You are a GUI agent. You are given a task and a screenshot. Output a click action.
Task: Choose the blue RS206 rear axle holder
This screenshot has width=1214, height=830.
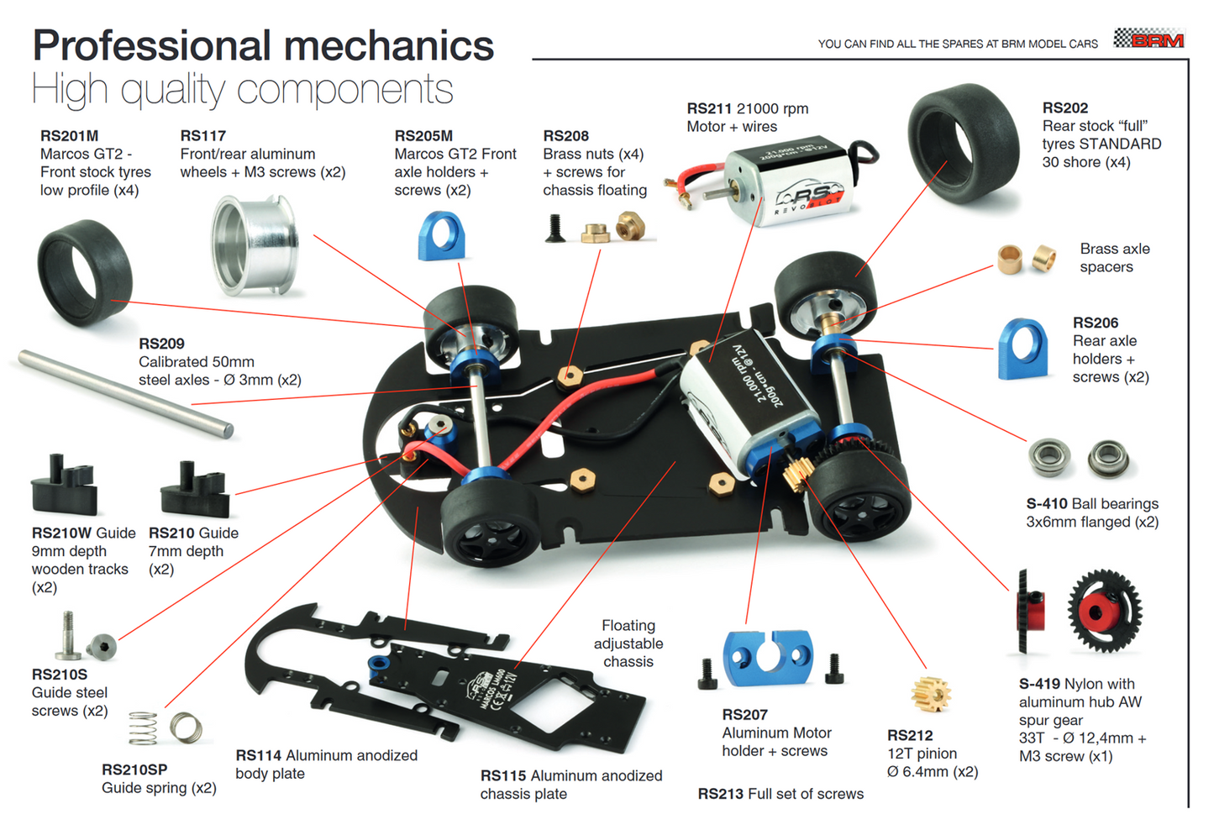(x=1022, y=349)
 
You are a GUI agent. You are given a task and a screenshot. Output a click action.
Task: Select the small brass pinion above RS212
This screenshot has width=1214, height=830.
(x=930, y=694)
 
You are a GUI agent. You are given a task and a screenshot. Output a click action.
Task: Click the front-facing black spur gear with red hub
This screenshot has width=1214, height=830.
(x=1105, y=611)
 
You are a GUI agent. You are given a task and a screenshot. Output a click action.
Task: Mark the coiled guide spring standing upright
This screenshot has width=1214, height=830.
(x=143, y=728)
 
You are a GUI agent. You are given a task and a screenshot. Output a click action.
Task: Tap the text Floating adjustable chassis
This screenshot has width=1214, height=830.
(x=628, y=644)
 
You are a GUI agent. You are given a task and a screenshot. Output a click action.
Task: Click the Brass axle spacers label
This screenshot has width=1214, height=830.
(x=1114, y=258)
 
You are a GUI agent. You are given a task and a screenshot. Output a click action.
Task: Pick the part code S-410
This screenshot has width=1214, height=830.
(x=1046, y=503)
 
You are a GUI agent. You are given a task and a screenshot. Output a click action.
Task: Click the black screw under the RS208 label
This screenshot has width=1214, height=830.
(x=554, y=229)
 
